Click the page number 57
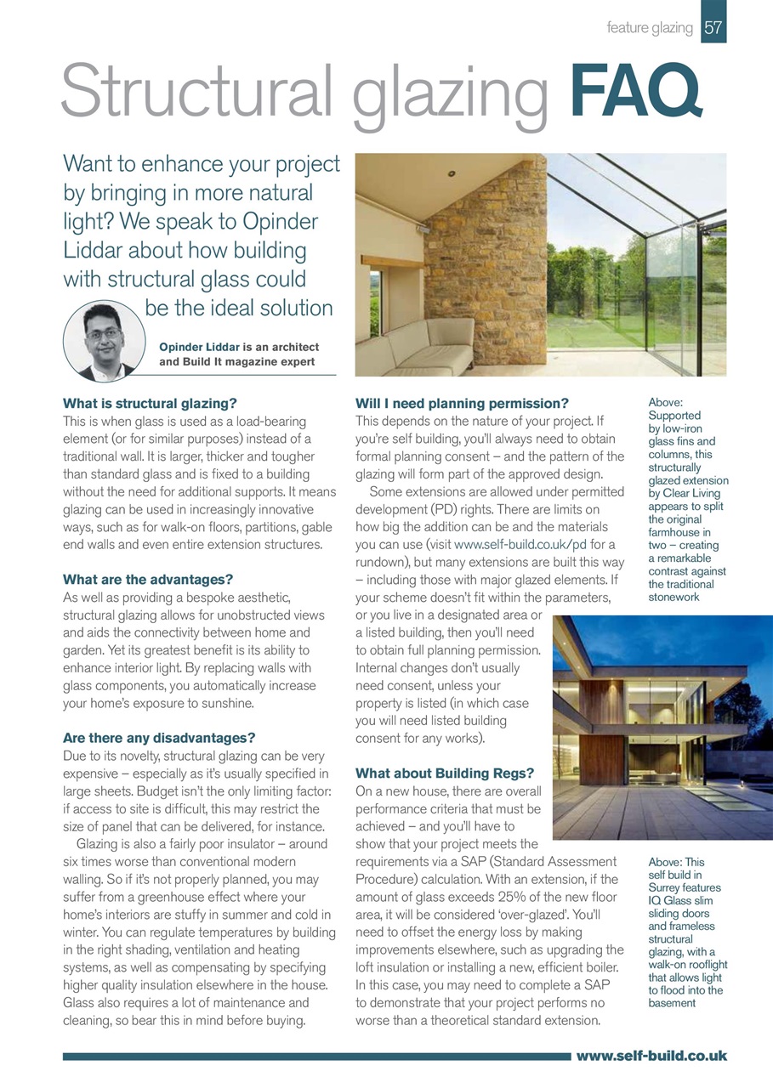click(713, 28)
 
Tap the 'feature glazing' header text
click(650, 28)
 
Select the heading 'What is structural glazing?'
click(150, 403)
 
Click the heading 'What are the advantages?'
click(148, 580)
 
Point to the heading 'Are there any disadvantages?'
click(159, 738)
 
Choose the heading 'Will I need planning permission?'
click(461, 403)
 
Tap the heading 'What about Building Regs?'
click(444, 773)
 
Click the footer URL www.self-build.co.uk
click(651, 1056)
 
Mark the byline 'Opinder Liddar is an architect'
click(239, 347)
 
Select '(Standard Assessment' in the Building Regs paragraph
click(555, 861)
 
